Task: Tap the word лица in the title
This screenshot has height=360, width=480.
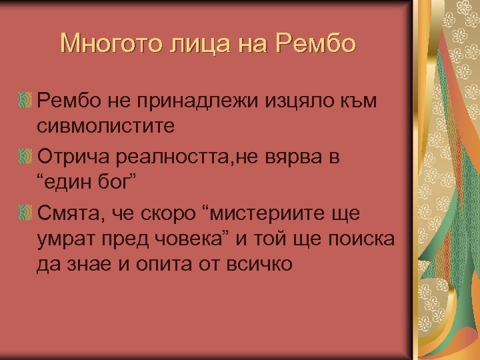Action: tap(189, 43)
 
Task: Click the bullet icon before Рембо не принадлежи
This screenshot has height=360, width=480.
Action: tap(25, 101)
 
